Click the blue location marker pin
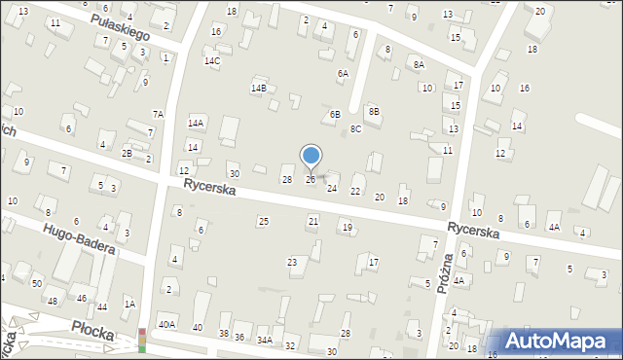[311, 156]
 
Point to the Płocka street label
[92, 332]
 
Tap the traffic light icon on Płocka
[142, 340]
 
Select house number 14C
[211, 61]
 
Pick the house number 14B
[258, 89]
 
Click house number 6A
[343, 73]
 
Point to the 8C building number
[356, 128]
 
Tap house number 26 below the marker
[311, 180]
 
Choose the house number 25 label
[263, 222]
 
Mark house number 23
[291, 263]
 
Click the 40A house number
[166, 325]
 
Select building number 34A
[264, 340]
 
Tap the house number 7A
[157, 114]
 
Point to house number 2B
[127, 153]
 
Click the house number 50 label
[36, 282]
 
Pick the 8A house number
[419, 64]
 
